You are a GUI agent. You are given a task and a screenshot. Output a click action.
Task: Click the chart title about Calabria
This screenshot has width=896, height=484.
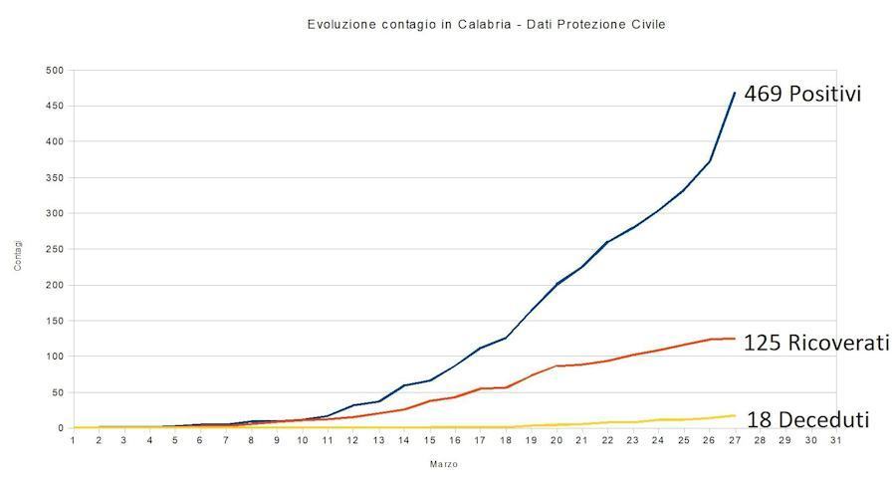pos(487,24)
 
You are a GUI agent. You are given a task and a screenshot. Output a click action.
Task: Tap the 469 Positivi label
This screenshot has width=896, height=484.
pos(802,95)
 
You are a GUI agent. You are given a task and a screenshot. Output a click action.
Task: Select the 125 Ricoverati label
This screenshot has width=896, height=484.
pos(816,344)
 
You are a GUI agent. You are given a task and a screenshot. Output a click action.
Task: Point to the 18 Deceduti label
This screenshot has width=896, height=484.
pos(807,419)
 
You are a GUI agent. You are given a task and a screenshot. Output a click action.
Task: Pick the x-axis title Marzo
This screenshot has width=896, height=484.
pos(444,464)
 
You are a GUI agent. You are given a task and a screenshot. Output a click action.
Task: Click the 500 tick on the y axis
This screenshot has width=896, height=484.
pos(55,71)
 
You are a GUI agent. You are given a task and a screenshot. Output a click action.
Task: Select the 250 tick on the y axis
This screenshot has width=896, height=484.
pos(55,250)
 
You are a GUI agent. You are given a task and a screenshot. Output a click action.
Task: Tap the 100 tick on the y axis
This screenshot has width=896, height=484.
pos(55,357)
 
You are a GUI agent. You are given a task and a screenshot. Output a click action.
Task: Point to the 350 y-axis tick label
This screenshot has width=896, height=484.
pos(55,178)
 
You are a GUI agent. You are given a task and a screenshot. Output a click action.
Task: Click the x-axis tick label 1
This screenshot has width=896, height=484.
pos(73,439)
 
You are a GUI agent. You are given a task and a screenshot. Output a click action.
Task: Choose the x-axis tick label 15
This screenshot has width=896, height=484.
pos(429,439)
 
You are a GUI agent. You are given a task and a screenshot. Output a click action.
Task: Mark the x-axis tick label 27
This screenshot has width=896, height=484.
pos(735,439)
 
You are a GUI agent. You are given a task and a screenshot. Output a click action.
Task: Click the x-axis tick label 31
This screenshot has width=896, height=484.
pos(836,439)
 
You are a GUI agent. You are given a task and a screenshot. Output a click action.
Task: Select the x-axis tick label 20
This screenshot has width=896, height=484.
pos(557,439)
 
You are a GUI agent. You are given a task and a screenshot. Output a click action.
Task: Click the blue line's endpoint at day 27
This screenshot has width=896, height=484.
pos(735,93)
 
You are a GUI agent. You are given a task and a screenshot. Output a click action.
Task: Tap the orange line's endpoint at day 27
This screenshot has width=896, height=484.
pos(735,339)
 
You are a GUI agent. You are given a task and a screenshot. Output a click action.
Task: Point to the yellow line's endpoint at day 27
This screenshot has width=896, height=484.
pos(735,415)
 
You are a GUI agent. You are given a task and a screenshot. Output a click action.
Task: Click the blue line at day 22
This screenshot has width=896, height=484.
pos(607,242)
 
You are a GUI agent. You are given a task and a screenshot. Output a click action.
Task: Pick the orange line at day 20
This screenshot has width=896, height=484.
pos(557,366)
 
